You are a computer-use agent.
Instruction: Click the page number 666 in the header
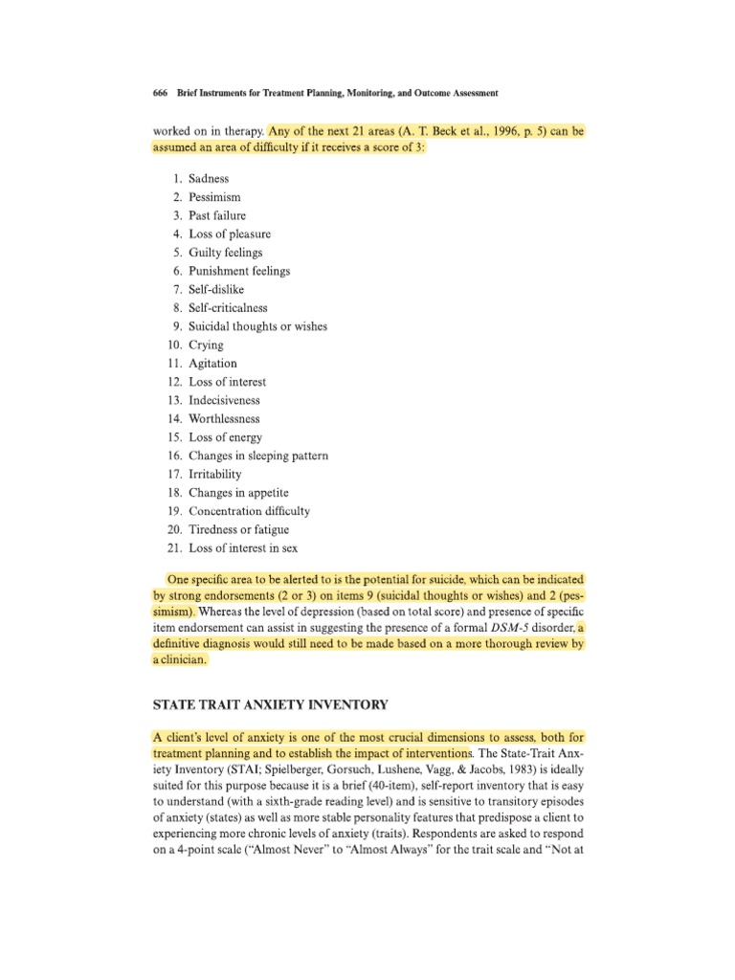click(x=161, y=94)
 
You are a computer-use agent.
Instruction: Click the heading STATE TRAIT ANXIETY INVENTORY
click(x=270, y=705)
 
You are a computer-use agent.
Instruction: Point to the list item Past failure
click(x=219, y=215)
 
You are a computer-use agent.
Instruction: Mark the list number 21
click(x=173, y=548)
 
